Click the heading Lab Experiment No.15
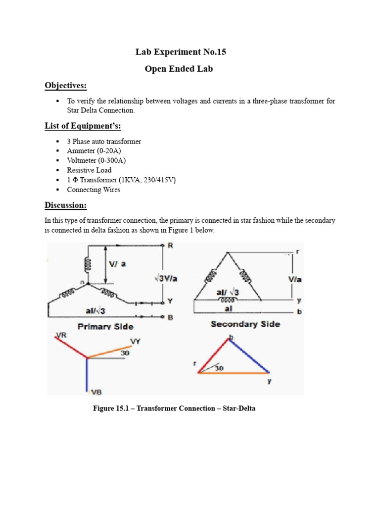(181, 52)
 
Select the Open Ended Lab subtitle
(179, 69)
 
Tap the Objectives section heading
(65, 86)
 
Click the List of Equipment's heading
(83, 126)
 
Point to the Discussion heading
(66, 204)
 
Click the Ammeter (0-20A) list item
(93, 151)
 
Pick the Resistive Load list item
(89, 170)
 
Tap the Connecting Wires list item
(94, 190)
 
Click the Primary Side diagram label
(105, 326)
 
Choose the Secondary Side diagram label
(245, 324)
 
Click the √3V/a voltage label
(165, 278)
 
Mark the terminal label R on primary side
(171, 245)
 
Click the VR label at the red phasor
(61, 335)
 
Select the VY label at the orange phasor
(136, 341)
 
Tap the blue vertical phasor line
(87, 374)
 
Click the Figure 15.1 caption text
(174, 409)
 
